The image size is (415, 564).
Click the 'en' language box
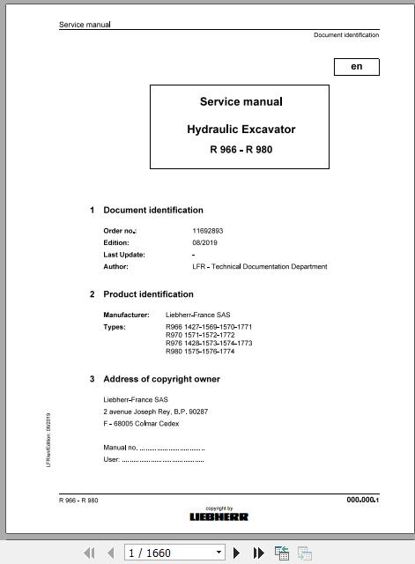click(x=356, y=67)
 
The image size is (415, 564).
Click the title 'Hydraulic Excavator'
click(x=241, y=130)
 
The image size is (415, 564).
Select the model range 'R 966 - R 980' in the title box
click(x=241, y=150)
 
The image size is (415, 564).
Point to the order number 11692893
click(x=208, y=231)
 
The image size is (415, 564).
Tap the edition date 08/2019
click(x=204, y=242)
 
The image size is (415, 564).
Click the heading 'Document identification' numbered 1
click(x=153, y=210)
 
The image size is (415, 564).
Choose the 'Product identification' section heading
click(x=148, y=294)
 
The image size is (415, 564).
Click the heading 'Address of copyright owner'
click(x=161, y=379)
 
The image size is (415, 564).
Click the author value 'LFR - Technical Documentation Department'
click(x=259, y=266)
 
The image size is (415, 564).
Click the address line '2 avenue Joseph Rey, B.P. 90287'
click(x=156, y=412)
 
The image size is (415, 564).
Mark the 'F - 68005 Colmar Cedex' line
click(x=141, y=424)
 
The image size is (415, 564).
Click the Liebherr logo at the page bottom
click(x=219, y=516)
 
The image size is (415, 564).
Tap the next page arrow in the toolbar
click(x=237, y=553)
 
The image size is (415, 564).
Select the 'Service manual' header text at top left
click(x=85, y=25)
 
